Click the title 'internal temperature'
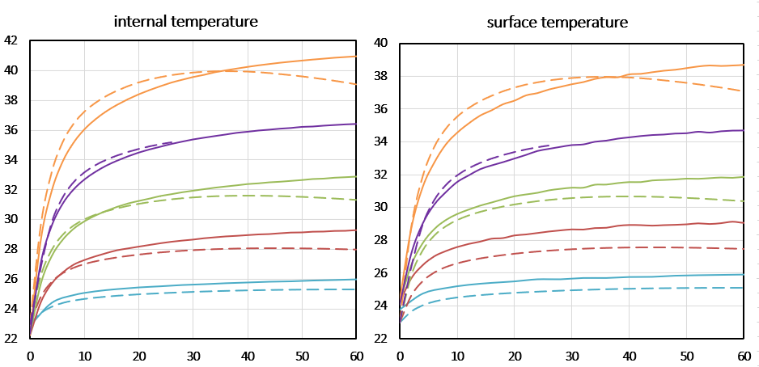click(x=186, y=21)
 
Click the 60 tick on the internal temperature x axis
click(x=356, y=356)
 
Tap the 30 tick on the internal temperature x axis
click(x=193, y=356)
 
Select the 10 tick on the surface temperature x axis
click(x=457, y=356)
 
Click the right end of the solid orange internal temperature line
click(x=356, y=56)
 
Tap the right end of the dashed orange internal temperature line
click(x=356, y=84)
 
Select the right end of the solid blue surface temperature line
click(x=744, y=274)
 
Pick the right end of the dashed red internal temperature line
click(x=356, y=250)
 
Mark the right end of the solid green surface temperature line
click(x=744, y=176)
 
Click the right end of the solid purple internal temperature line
click(x=356, y=124)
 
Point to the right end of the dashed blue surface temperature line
click(x=744, y=288)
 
